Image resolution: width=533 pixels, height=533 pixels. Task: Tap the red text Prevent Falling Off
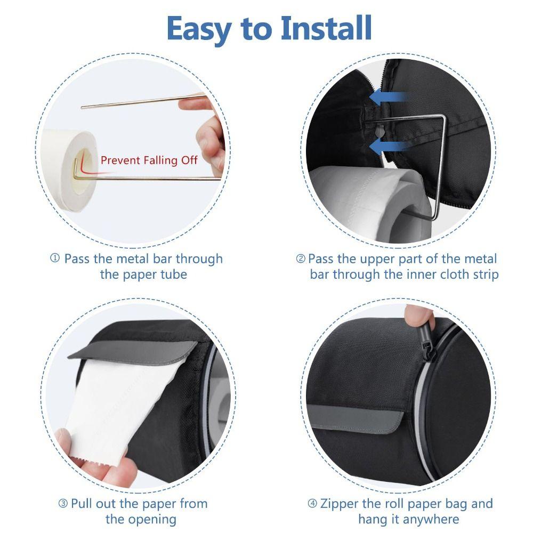pyautogui.click(x=149, y=160)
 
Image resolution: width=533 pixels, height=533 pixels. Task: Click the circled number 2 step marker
pyautogui.click(x=301, y=259)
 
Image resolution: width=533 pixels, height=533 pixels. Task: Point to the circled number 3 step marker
pyautogui.click(x=62, y=504)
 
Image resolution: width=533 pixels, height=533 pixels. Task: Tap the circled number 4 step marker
pyautogui.click(x=312, y=504)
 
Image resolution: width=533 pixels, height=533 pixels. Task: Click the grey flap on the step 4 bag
pyautogui.click(x=355, y=415)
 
